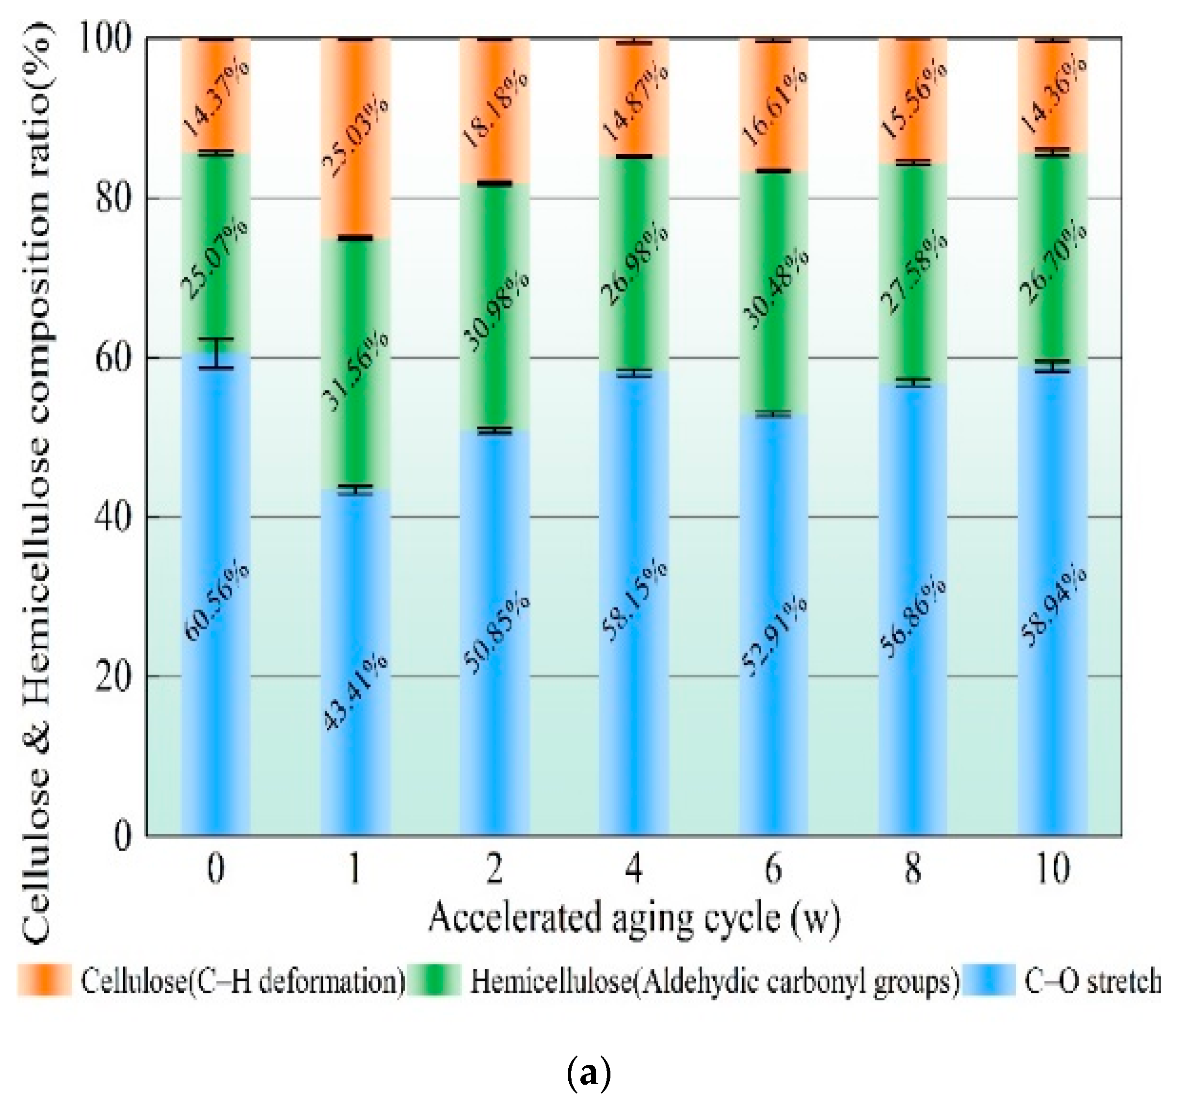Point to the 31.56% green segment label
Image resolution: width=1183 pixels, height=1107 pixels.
355,372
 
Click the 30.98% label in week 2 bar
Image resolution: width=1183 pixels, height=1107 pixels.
495,312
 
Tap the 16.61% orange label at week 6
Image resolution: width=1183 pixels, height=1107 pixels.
774,107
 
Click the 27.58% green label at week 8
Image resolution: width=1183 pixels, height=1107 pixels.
913,274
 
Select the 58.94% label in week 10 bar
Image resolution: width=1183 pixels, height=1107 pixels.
1053,607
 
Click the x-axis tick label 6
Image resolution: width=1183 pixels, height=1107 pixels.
774,869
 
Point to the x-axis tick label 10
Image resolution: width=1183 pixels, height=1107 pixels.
1053,869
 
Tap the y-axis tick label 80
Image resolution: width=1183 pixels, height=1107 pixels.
112,198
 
